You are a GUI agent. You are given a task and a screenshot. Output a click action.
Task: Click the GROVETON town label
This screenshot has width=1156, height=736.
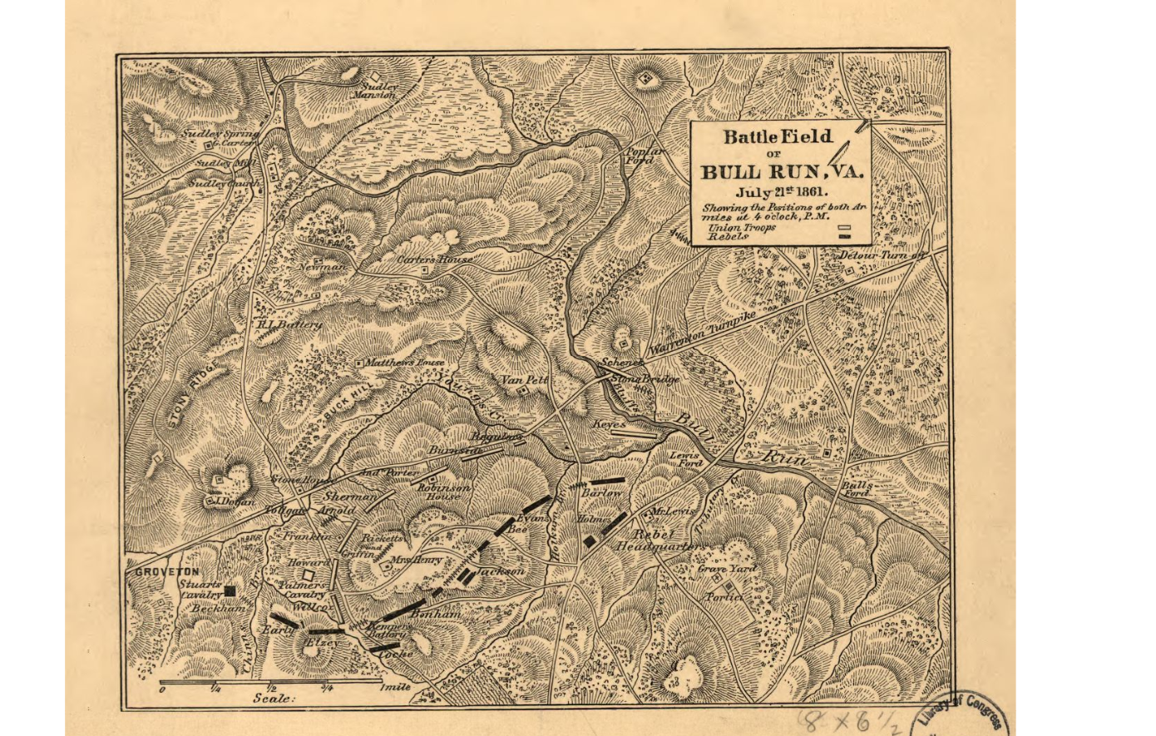pyautogui.click(x=164, y=572)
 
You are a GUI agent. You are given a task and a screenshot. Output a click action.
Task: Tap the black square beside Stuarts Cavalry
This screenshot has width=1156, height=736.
pyautogui.click(x=230, y=590)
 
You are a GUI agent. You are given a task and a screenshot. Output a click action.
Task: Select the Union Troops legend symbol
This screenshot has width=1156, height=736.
pyautogui.click(x=844, y=226)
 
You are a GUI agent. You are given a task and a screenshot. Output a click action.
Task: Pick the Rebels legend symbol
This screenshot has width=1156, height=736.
pyautogui.click(x=844, y=236)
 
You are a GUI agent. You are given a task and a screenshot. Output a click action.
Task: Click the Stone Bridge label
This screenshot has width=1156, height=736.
pyautogui.click(x=645, y=379)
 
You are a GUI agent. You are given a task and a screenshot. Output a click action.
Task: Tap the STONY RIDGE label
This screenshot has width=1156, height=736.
pyautogui.click(x=185, y=398)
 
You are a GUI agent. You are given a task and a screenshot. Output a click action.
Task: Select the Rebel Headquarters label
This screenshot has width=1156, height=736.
pyautogui.click(x=661, y=541)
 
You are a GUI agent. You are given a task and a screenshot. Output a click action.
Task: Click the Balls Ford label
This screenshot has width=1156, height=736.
pyautogui.click(x=857, y=489)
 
